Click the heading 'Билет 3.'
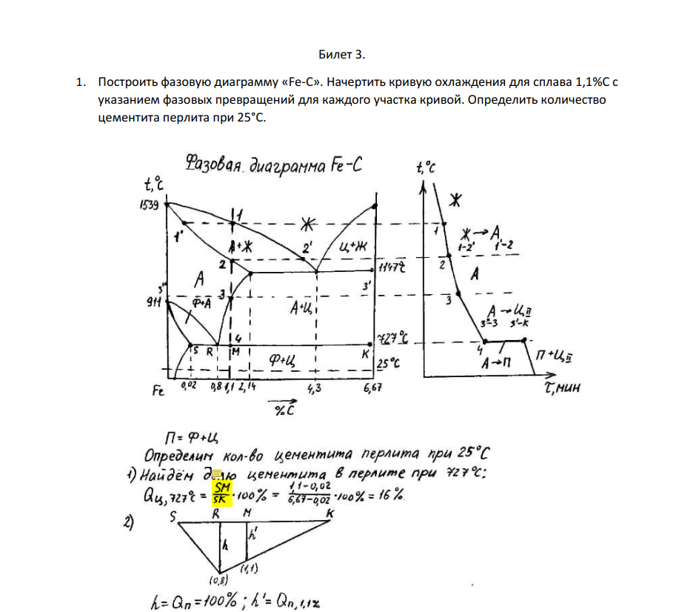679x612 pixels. click(x=342, y=55)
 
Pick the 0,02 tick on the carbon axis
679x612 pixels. click(x=189, y=387)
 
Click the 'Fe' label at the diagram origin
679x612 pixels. click(x=158, y=393)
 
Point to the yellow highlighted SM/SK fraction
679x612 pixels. click(x=222, y=493)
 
